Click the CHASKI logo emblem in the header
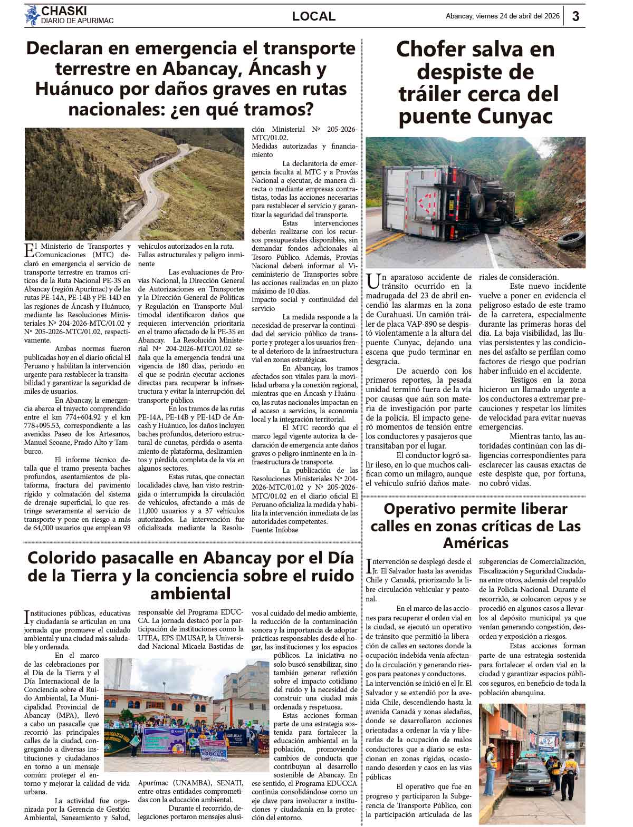[x=32, y=15]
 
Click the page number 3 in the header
[x=576, y=16]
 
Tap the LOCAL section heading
[x=314, y=16]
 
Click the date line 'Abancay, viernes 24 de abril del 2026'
[x=501, y=16]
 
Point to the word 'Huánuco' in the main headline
[x=70, y=89]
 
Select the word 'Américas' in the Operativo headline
[x=475, y=542]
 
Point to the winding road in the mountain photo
[x=158, y=179]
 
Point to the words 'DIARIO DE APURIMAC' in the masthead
[x=77, y=21]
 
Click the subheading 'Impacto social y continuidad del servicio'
[x=304, y=304]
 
